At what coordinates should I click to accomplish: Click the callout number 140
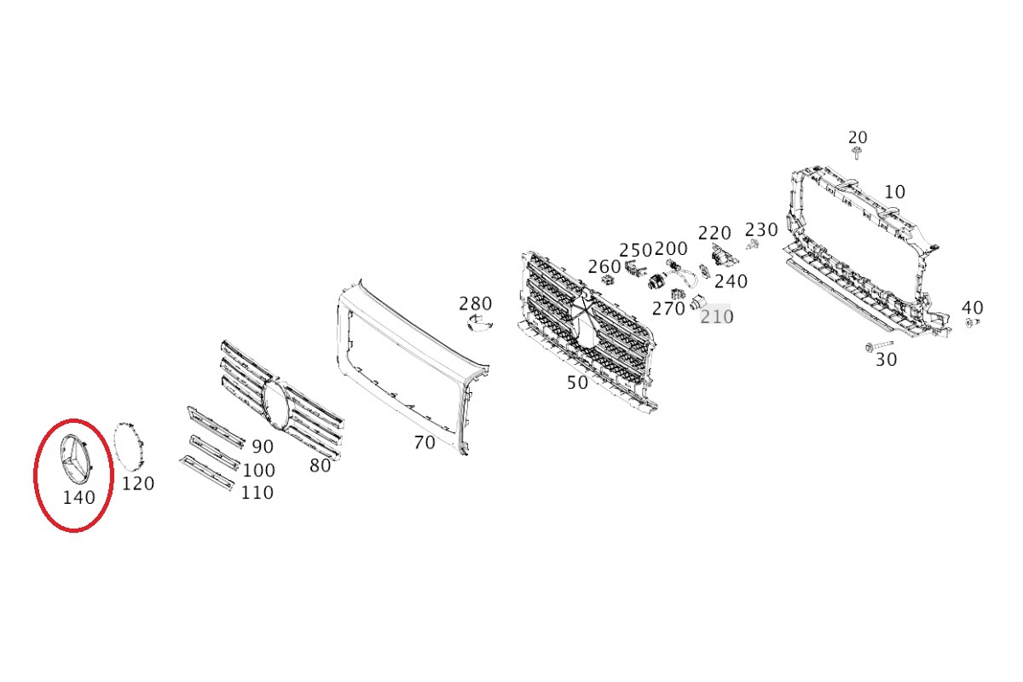pyautogui.click(x=78, y=498)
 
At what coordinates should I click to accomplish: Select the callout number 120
pyautogui.click(x=138, y=483)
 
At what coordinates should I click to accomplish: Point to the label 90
pyautogui.click(x=263, y=447)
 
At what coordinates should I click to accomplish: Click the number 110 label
pyautogui.click(x=257, y=493)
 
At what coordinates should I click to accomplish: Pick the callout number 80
pyautogui.click(x=321, y=466)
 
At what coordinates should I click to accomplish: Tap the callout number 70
pyautogui.click(x=425, y=442)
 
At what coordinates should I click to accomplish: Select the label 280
pyautogui.click(x=476, y=303)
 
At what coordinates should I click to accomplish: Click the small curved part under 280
pyautogui.click(x=479, y=323)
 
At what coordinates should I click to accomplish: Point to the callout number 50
pyautogui.click(x=577, y=383)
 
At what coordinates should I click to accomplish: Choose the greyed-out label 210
pyautogui.click(x=717, y=316)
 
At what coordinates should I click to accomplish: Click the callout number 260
pyautogui.click(x=604, y=267)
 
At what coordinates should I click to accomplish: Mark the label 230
pyautogui.click(x=761, y=230)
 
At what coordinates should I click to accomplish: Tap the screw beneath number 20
pyautogui.click(x=857, y=153)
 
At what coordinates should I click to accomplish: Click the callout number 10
pyautogui.click(x=894, y=193)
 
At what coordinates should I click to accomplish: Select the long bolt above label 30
pyautogui.click(x=879, y=346)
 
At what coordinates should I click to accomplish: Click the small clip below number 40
pyautogui.click(x=973, y=323)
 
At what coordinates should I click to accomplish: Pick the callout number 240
pyautogui.click(x=731, y=282)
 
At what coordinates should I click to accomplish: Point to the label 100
pyautogui.click(x=258, y=471)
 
